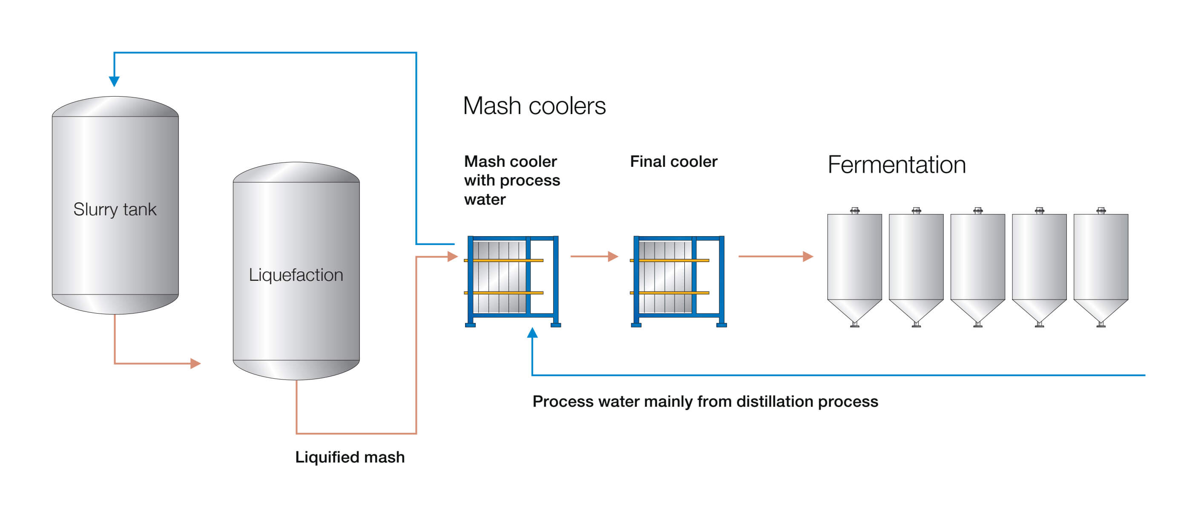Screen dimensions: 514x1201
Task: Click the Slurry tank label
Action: point(115,209)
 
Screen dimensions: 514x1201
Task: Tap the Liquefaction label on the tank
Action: point(296,275)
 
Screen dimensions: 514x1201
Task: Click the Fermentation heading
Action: point(896,165)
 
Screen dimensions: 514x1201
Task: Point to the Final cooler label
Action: point(673,162)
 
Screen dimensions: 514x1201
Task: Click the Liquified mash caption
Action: point(350,457)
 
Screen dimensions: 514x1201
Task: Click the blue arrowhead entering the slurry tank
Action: point(114,82)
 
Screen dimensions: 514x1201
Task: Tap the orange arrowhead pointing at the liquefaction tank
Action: point(195,363)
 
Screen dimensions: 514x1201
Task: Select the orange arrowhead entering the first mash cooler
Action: point(452,256)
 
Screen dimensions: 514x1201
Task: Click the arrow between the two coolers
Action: point(595,256)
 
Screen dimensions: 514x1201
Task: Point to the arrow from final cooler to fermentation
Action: point(776,256)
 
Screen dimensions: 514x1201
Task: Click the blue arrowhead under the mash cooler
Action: point(532,333)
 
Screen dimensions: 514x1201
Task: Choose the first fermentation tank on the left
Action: point(854,266)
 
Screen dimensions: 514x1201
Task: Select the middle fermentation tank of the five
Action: point(978,266)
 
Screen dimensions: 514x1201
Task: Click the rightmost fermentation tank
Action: point(1101,266)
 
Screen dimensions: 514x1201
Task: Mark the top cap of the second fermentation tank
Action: point(916,210)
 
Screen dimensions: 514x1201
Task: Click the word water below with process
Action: point(485,200)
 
